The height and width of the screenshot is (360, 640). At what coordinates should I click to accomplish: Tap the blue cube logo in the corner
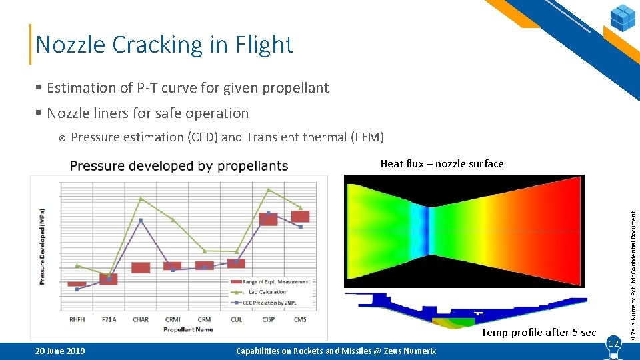pos(623,17)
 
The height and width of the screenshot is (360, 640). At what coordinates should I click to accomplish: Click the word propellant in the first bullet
pos(297,88)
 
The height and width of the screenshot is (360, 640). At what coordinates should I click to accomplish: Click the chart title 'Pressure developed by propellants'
pos(179,166)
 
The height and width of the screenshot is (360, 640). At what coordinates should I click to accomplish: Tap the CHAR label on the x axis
pos(141,320)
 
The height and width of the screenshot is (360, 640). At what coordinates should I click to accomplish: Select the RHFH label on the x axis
pos(77,320)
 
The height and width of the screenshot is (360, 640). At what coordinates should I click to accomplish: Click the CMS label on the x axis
pos(300,320)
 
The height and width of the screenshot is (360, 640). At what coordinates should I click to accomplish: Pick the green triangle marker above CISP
pos(269,190)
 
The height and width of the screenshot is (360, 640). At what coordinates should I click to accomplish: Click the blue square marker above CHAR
pos(141,220)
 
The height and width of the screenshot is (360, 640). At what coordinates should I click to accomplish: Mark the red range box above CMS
pos(300,217)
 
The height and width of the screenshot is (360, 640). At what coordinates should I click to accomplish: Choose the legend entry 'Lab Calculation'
pos(270,292)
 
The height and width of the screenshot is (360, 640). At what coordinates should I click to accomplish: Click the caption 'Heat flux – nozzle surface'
pos(441,164)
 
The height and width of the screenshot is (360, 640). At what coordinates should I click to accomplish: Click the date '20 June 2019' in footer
pos(60,351)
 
